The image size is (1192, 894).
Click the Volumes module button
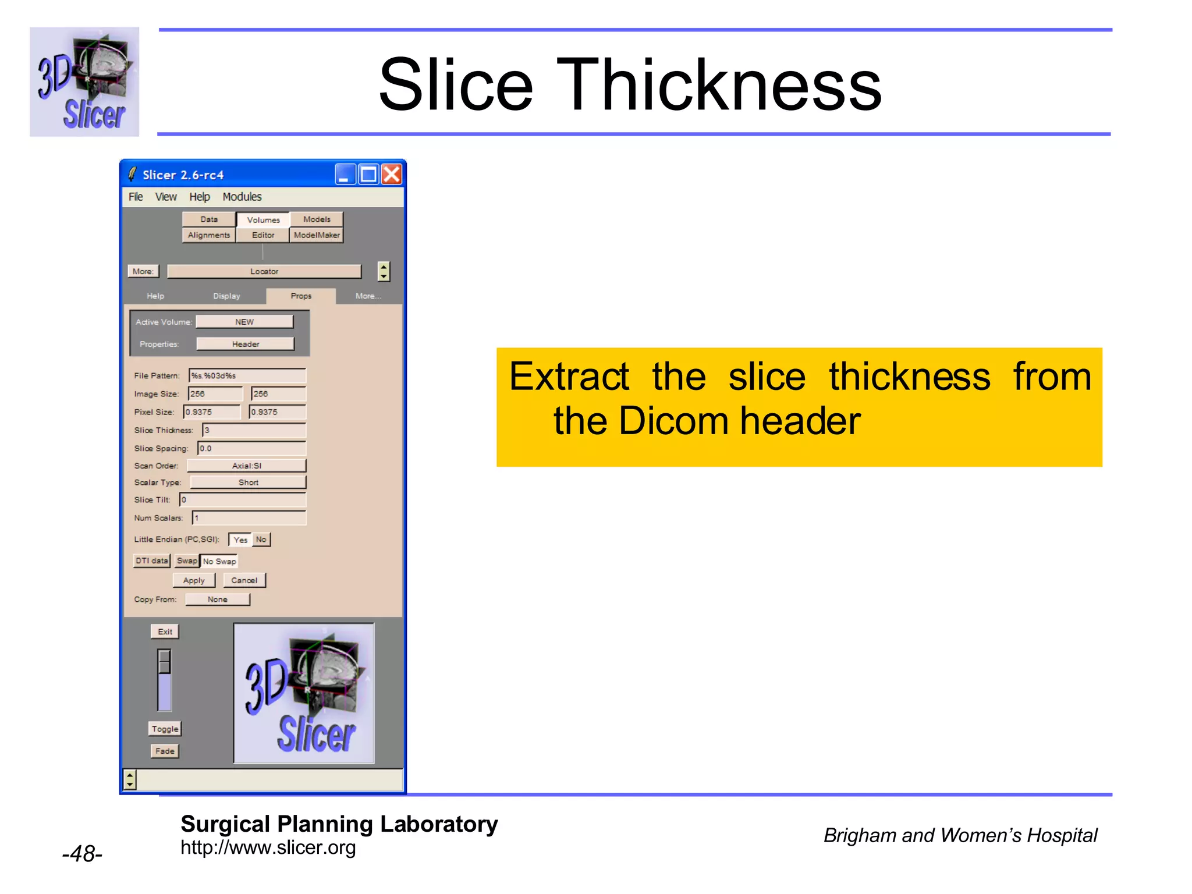[263, 220]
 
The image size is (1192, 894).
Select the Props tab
[301, 296]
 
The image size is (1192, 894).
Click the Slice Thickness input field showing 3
[254, 430]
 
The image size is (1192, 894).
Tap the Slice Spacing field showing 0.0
[251, 448]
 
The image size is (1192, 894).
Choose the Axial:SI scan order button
[247, 466]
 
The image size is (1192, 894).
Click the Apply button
[194, 580]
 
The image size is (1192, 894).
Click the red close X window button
[392, 174]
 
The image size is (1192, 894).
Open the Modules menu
[242, 197]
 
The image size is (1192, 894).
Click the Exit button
[165, 632]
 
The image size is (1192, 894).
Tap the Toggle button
[165, 729]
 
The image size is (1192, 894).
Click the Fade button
[165, 751]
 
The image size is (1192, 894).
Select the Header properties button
[246, 344]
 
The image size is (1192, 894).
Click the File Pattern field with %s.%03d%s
[247, 375]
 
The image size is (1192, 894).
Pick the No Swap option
[219, 561]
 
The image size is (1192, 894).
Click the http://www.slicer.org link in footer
[268, 847]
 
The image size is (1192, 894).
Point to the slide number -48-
[82, 854]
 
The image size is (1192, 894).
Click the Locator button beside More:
[264, 271]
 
